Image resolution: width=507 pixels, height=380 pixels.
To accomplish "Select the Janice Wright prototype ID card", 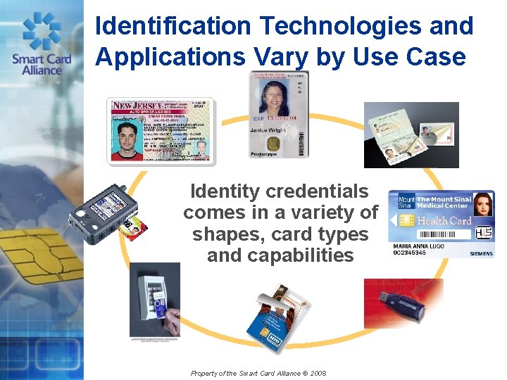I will coord(279,115).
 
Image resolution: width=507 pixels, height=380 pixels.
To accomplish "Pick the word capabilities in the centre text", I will coord(280,255).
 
